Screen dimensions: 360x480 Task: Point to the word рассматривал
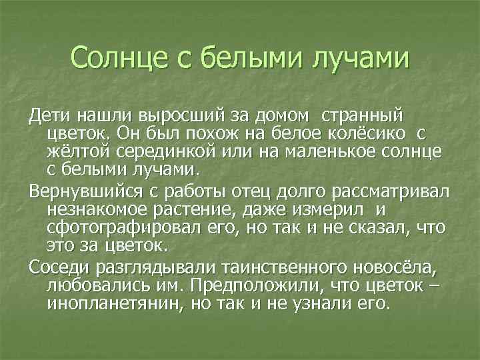point(387,193)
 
